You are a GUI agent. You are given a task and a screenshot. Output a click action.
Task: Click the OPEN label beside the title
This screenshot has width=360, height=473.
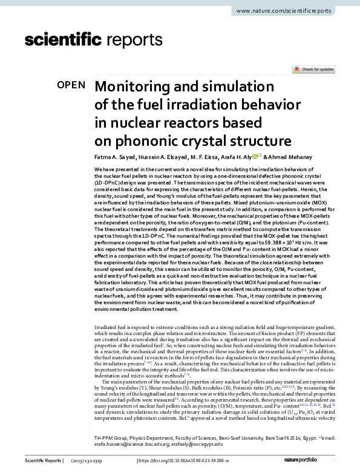71,85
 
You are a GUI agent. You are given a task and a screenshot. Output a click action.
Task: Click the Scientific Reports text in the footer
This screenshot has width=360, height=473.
42,461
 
